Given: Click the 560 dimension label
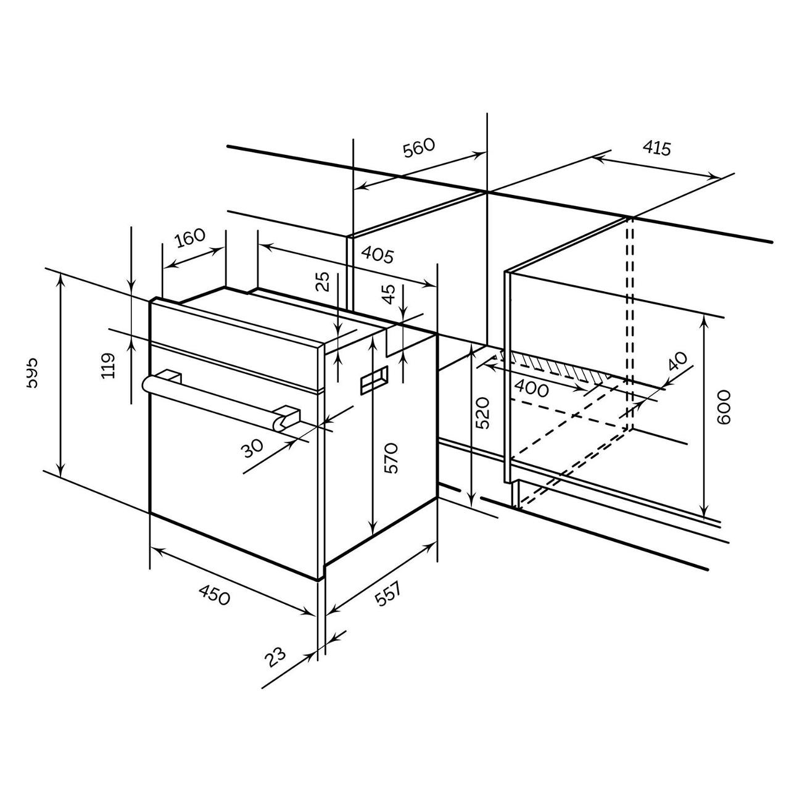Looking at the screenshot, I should coord(419,149).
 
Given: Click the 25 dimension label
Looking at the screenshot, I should coord(323,282).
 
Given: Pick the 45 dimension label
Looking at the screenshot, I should coord(387,295).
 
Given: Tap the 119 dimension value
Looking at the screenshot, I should coord(108,365).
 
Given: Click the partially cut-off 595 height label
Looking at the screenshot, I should coord(32,372).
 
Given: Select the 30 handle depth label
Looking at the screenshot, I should coord(252,448).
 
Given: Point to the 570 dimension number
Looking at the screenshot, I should coord(391,458).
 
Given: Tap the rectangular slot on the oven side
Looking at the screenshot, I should coord(374,380).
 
